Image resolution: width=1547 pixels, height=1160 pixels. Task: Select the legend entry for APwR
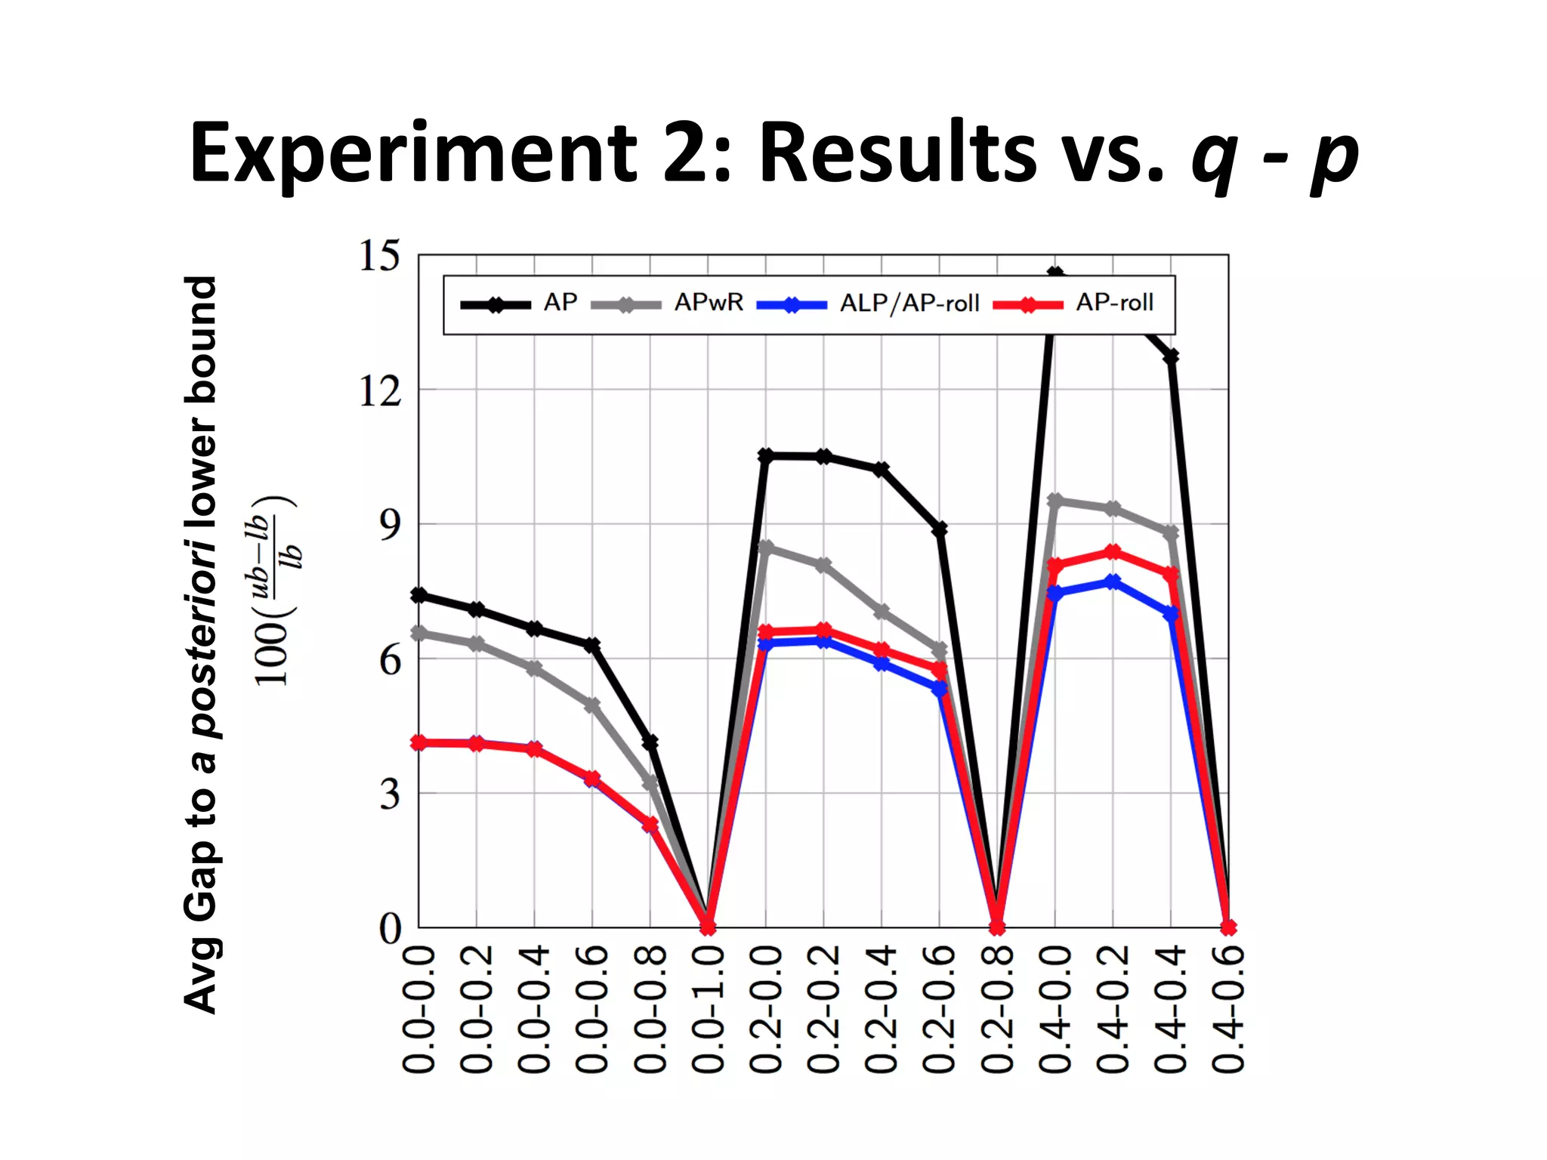(708, 303)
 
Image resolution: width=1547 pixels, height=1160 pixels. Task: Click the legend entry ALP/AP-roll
(909, 304)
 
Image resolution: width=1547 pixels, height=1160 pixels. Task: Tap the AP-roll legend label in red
(1114, 303)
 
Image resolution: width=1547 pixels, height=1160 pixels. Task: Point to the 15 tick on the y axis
(379, 256)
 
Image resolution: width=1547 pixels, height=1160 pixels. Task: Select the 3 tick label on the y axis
(390, 794)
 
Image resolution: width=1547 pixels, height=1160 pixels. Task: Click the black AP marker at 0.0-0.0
(419, 595)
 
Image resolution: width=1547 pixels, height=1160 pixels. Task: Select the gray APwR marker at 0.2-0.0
(765, 547)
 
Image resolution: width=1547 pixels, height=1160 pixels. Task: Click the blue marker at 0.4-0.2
(1113, 582)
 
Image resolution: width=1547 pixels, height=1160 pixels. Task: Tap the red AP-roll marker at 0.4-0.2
(1113, 552)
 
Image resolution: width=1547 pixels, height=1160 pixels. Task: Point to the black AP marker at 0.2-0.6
(940, 529)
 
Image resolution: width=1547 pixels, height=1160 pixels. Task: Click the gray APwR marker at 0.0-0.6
(592, 705)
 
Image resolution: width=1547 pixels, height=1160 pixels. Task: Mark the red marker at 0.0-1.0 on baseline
(708, 927)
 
